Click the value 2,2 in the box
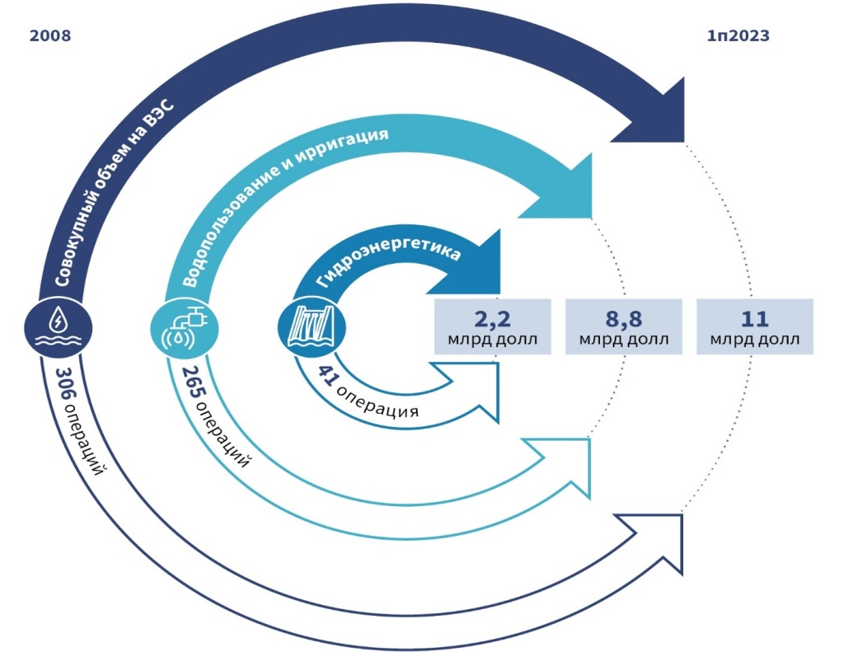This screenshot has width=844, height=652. click(x=491, y=318)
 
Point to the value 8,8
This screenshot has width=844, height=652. click(x=623, y=318)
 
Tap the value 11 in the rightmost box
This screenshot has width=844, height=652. click(x=755, y=318)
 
